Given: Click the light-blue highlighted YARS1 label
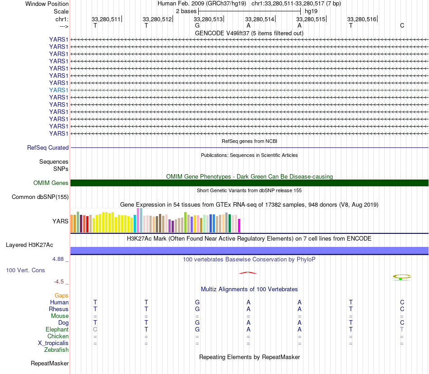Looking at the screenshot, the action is point(59,90).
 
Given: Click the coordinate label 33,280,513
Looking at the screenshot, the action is point(208,19).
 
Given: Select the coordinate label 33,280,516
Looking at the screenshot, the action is point(362,19).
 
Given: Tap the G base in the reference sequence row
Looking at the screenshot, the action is point(197,25).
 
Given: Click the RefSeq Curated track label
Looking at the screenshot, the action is point(48,148).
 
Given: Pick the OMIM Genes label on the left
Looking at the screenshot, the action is point(51,183).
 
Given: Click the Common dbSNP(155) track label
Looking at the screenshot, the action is point(40,197).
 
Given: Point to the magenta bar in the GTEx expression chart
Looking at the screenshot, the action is point(239,226).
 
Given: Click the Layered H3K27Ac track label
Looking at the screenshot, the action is point(29,245).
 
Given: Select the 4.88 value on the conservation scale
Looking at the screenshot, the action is point(58,259).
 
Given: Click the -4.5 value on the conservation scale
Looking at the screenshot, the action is point(59,282).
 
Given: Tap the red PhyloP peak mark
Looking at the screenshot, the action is point(248,273).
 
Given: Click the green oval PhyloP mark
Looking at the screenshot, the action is point(401,277).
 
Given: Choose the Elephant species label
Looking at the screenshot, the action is point(57,329).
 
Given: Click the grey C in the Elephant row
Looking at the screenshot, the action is point(95,329).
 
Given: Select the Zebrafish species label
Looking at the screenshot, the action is point(56,350).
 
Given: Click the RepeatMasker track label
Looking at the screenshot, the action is point(50,363).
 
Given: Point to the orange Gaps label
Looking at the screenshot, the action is point(61,295).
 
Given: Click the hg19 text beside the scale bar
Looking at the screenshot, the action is point(311,11).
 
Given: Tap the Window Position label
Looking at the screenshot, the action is point(47,4).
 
